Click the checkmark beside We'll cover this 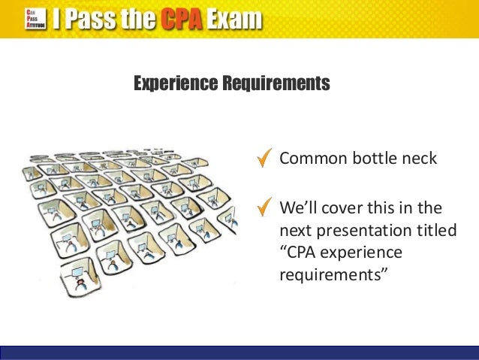264,206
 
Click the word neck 420,159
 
